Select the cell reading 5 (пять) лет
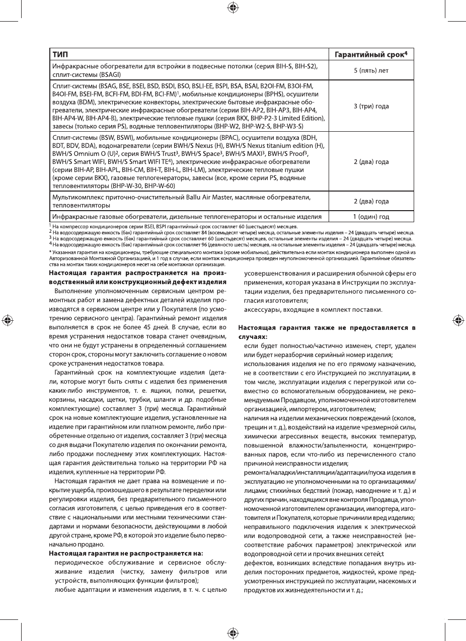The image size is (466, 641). point(370,70)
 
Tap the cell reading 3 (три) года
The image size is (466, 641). point(370,106)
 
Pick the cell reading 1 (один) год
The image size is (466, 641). point(370,217)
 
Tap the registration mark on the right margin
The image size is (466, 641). point(458,320)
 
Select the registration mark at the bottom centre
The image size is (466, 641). point(232,632)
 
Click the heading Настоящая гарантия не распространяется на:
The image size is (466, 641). point(126,553)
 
